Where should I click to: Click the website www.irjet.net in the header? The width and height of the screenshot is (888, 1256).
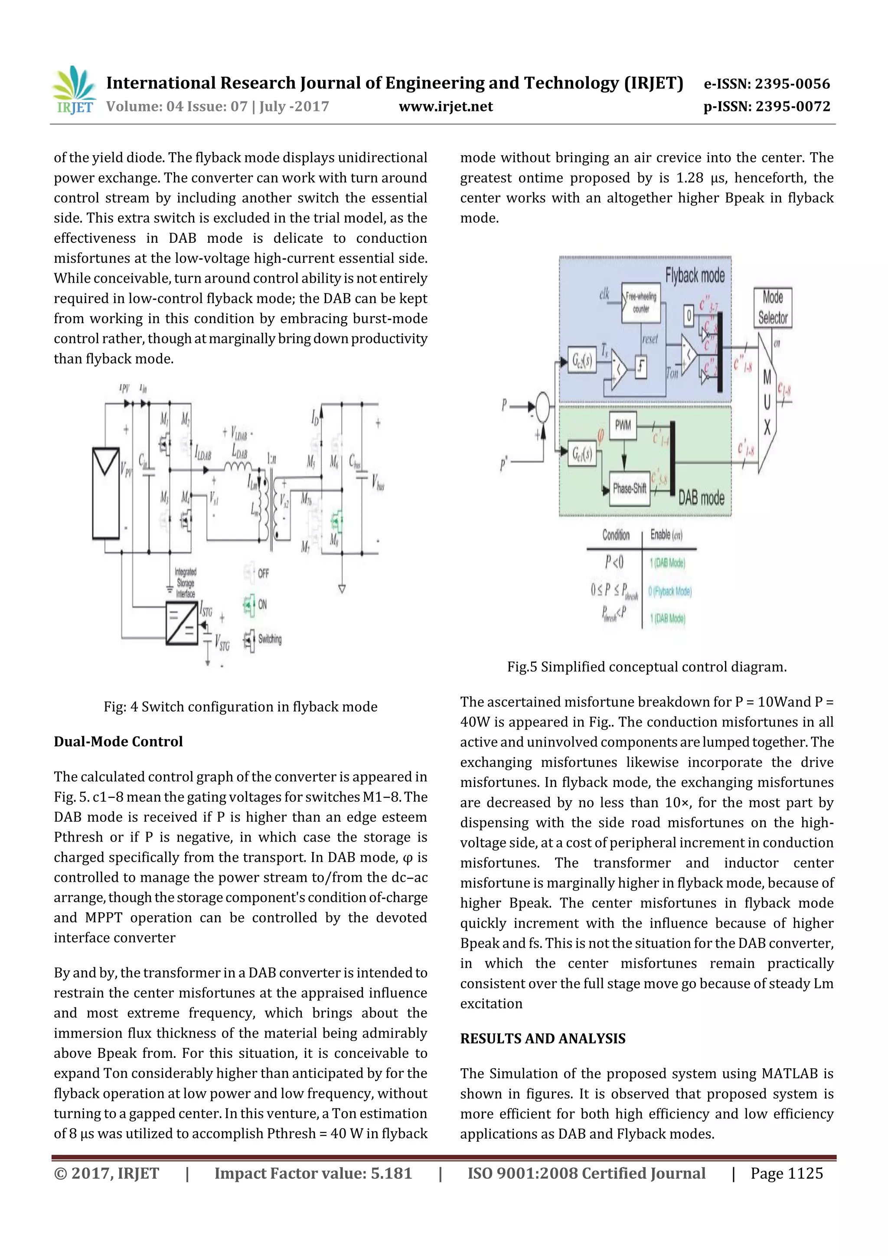(x=445, y=106)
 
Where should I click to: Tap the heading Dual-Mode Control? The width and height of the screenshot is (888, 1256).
(x=118, y=741)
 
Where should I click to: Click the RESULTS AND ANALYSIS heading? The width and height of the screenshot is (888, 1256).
(x=542, y=1038)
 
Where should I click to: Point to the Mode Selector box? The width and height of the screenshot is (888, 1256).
(x=773, y=307)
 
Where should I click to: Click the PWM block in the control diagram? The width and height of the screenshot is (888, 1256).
(x=623, y=425)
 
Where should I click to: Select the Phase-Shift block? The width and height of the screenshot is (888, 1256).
(x=629, y=488)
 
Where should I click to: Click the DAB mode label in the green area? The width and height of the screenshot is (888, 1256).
(x=701, y=497)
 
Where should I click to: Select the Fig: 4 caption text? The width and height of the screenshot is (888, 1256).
(x=240, y=707)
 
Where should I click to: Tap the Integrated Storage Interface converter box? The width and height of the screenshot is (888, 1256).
(x=182, y=623)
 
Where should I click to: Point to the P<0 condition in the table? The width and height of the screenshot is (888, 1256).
(x=614, y=562)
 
